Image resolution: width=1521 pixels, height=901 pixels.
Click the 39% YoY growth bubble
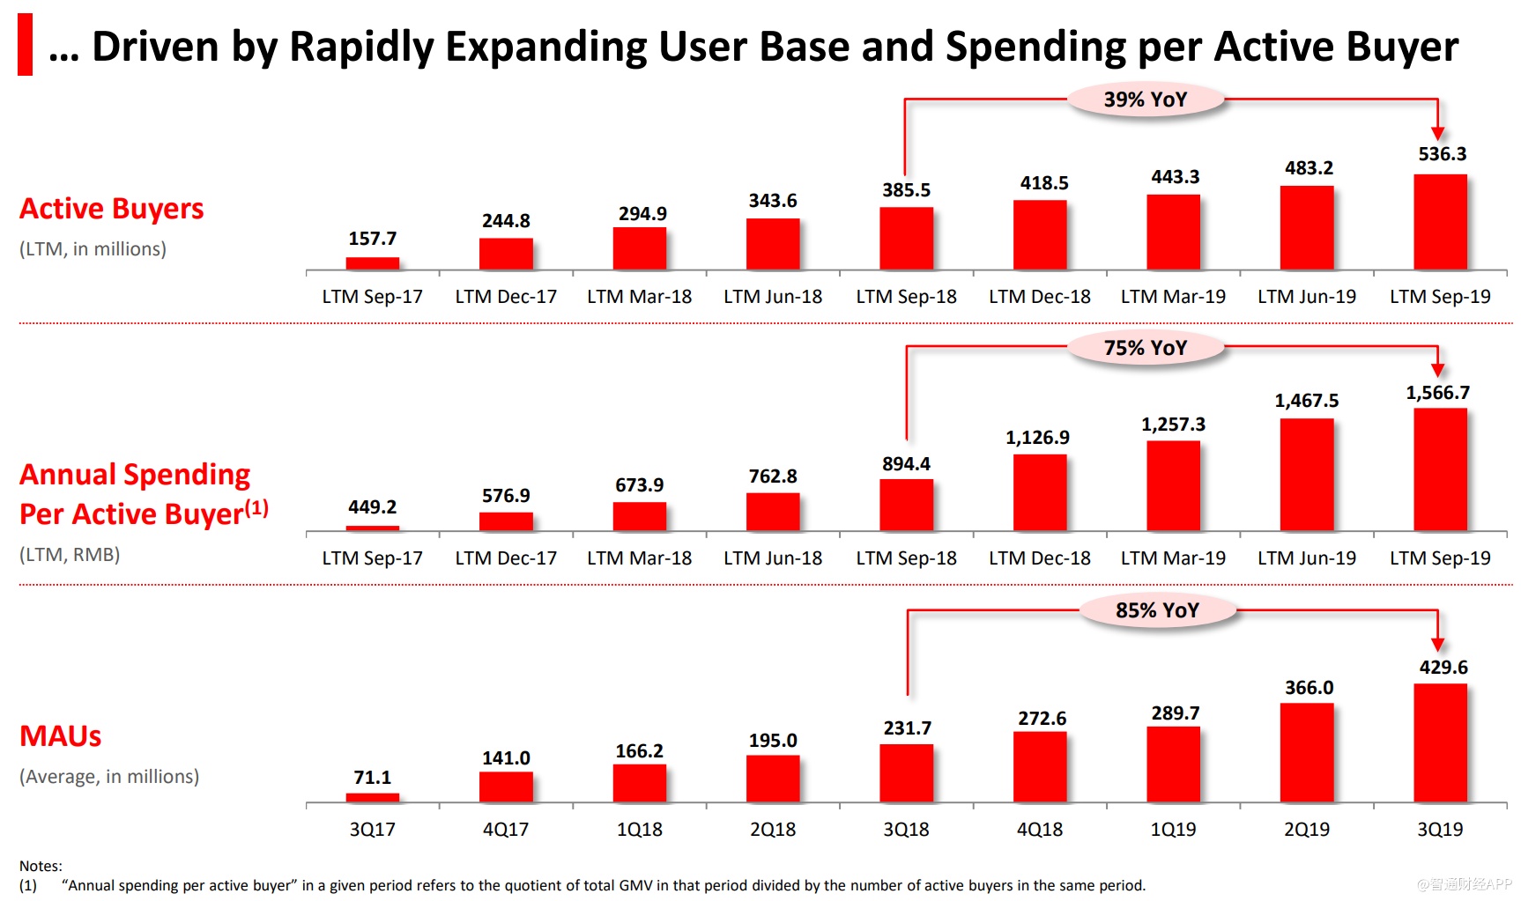click(x=1146, y=100)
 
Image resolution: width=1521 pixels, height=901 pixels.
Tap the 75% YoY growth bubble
click(x=1146, y=348)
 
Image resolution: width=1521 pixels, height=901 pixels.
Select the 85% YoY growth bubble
click(x=1157, y=610)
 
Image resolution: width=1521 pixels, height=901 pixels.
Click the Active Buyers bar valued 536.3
click(x=1440, y=222)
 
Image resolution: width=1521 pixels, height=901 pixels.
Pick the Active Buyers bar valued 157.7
click(x=372, y=263)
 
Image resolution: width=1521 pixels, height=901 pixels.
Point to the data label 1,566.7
click(x=1437, y=393)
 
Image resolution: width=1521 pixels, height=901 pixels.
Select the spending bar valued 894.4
click(x=906, y=505)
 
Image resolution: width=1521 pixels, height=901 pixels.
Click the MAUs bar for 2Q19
click(x=1306, y=753)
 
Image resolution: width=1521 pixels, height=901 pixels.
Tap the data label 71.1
click(x=372, y=778)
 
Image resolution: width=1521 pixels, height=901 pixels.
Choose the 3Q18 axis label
click(x=906, y=830)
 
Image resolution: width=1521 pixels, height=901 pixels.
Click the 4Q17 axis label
click(x=506, y=830)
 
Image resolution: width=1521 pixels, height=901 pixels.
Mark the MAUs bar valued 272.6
click(x=1040, y=767)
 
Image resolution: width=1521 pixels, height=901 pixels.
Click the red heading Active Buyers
click(x=112, y=209)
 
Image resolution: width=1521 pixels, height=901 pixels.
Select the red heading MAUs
click(x=61, y=736)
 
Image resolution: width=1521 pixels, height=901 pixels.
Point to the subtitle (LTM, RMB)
click(x=70, y=555)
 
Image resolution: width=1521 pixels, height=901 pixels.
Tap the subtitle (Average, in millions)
click(x=109, y=777)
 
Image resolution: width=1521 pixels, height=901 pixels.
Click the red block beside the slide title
click(x=25, y=44)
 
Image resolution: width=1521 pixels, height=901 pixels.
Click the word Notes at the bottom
click(x=41, y=866)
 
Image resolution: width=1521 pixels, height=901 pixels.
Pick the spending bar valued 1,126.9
click(x=1040, y=492)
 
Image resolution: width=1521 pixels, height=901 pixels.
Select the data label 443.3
click(x=1175, y=177)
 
